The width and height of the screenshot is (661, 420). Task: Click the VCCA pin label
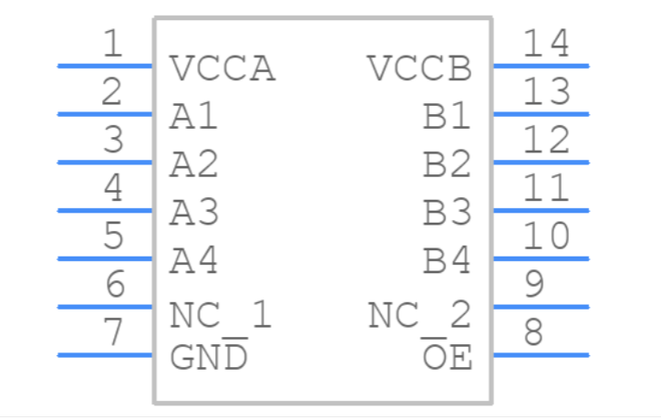[222, 69]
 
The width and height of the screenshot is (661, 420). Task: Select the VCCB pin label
[419, 69]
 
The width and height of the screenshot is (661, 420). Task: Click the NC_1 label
[221, 316]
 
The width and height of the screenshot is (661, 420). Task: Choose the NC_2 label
[419, 316]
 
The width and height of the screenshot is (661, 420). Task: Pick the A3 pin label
[194, 214]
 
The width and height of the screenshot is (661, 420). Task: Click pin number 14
[546, 44]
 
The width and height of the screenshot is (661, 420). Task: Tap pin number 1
[112, 44]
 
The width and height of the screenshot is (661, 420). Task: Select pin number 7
[113, 333]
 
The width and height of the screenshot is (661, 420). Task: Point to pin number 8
[534, 333]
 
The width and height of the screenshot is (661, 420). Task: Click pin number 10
[546, 236]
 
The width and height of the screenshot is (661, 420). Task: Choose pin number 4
[113, 188]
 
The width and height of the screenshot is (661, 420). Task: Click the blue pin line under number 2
[105, 114]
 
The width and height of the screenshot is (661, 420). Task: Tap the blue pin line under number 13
[541, 114]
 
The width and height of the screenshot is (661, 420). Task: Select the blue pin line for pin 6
[105, 307]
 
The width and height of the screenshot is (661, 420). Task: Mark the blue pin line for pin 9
[541, 307]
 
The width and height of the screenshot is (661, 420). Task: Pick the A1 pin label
[194, 118]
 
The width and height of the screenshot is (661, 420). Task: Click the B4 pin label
[447, 262]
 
